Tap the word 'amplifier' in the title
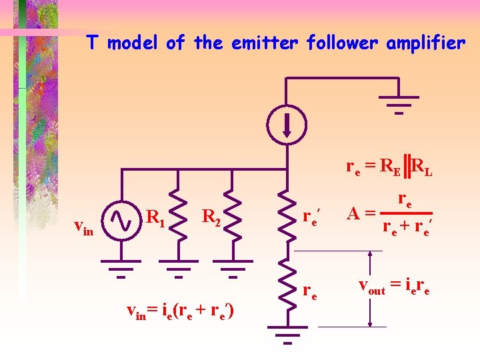click(x=429, y=44)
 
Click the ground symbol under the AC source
click(x=121, y=271)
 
